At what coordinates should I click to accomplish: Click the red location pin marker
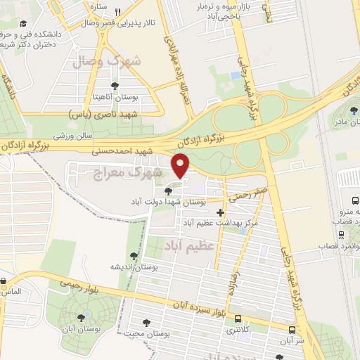[181, 165]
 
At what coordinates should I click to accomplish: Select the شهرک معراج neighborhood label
[138, 172]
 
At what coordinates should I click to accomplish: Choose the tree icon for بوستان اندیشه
[134, 257]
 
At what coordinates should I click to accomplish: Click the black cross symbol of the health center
[221, 212]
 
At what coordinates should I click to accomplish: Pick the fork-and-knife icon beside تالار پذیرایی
[118, 12]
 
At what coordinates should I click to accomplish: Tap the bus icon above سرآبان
[292, 329]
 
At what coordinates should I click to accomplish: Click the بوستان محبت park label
[148, 333]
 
